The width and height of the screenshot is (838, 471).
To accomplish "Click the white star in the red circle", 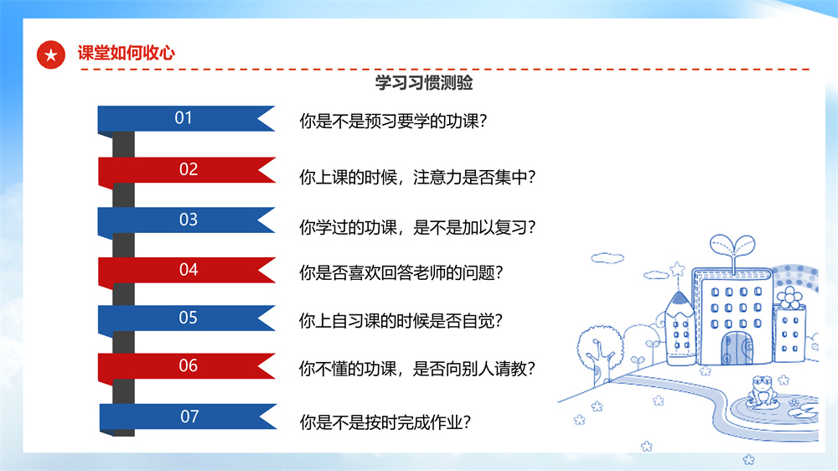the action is [x=51, y=55].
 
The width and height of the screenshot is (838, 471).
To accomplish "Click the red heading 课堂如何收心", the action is [x=127, y=53].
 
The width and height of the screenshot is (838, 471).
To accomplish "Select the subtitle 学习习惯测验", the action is [x=424, y=83].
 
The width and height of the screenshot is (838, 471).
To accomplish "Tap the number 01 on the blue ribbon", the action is [x=184, y=117].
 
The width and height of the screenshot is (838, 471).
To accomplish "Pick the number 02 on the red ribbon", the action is [x=189, y=169].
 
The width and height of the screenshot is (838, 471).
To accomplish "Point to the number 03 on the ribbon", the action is [x=189, y=220].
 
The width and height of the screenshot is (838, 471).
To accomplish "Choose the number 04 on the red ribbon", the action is [x=189, y=270].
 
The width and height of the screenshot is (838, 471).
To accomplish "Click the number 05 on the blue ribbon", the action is [x=188, y=318].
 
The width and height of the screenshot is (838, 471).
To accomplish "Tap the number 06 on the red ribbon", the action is [x=188, y=365].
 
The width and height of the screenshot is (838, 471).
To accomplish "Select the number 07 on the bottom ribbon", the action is [x=189, y=417].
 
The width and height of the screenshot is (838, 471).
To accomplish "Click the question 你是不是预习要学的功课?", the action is [x=393, y=122].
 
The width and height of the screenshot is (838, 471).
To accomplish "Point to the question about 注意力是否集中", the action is [x=417, y=177].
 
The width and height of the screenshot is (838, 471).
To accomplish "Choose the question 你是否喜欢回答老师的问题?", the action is [x=401, y=272].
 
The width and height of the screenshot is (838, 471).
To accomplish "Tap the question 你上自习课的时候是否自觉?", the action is [x=401, y=321].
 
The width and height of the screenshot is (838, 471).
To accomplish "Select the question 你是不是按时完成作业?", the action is [x=385, y=422].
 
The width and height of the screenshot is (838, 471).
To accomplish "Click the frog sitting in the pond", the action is [x=763, y=391].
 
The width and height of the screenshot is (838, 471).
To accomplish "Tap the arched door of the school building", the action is [x=736, y=348].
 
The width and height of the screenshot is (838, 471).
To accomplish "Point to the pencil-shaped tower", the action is [x=680, y=327].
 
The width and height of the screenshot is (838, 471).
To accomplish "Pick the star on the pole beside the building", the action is [x=678, y=268].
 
